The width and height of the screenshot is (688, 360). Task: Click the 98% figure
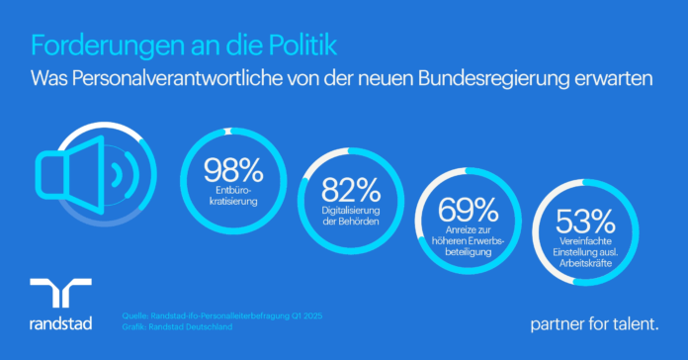(233, 170)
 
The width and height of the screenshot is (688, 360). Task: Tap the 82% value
(351, 190)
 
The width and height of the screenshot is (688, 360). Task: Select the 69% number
(469, 210)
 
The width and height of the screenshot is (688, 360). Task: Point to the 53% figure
(585, 222)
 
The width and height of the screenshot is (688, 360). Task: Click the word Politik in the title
(302, 45)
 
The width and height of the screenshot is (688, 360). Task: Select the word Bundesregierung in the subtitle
(492, 79)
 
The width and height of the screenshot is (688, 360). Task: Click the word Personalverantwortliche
(177, 79)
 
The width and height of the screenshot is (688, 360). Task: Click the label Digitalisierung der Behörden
(351, 216)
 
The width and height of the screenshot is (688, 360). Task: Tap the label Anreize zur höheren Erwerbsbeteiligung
(469, 241)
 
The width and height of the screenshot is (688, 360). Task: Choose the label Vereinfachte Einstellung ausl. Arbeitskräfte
(585, 252)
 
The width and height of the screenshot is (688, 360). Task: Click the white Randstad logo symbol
(60, 293)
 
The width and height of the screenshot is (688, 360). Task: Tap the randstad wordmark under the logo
(60, 323)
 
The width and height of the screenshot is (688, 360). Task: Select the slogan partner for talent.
(594, 324)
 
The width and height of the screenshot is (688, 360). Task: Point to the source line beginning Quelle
(222, 315)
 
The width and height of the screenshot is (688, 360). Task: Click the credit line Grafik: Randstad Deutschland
(177, 327)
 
